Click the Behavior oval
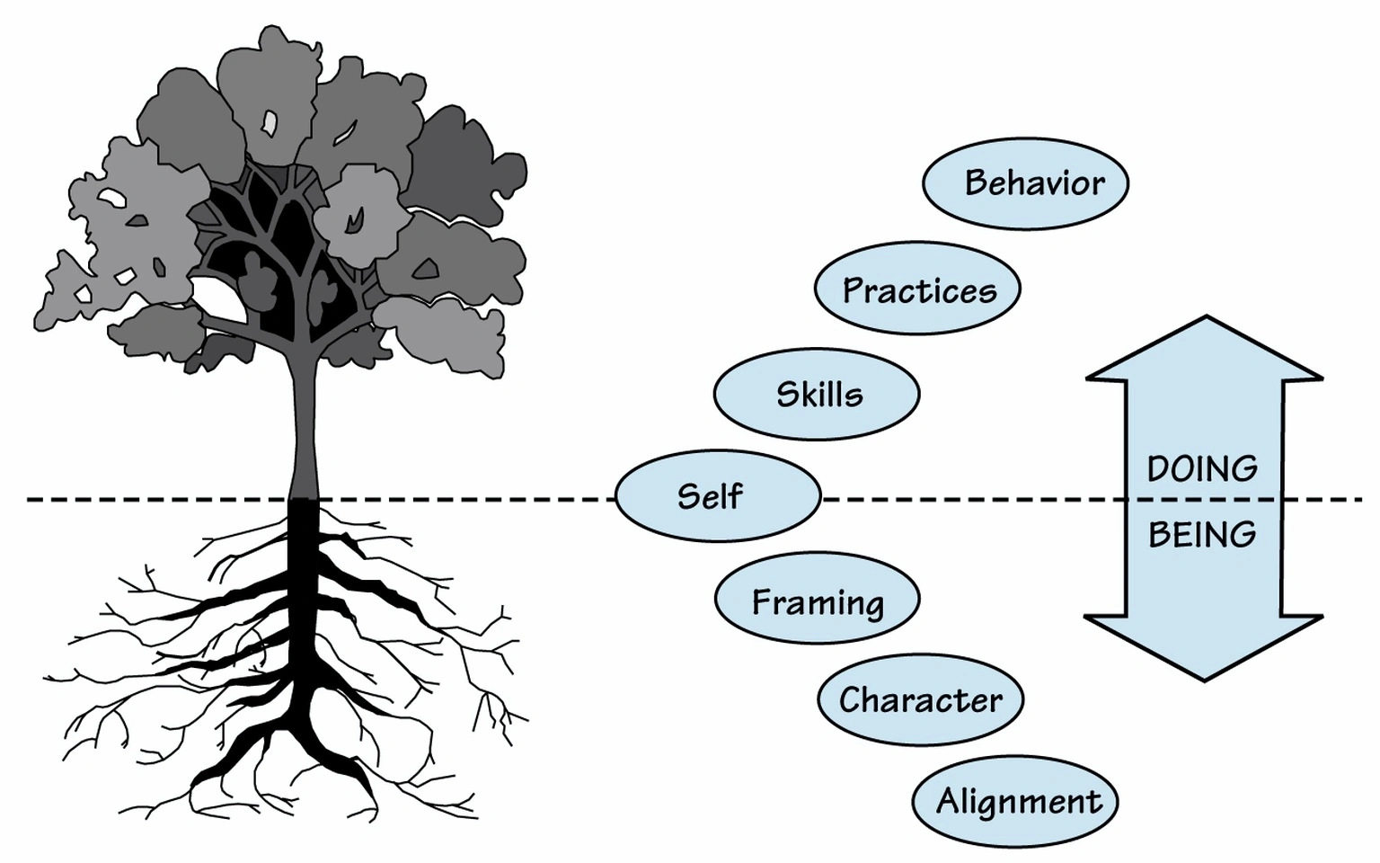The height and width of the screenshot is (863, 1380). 1025,183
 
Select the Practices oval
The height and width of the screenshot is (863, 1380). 917,289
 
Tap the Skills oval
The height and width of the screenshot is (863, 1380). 817,395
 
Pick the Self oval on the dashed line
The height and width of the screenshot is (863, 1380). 718,496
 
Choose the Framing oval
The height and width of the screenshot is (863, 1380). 817,601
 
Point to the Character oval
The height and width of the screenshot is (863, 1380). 920,699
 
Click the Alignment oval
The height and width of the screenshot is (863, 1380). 1014,801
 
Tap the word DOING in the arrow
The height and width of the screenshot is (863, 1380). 1202,468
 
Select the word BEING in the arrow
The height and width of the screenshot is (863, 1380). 1202,535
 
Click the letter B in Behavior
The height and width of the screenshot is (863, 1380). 976,183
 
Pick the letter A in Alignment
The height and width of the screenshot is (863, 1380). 948,800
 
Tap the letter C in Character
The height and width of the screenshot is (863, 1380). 851,699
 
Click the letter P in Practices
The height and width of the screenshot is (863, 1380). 854,290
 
